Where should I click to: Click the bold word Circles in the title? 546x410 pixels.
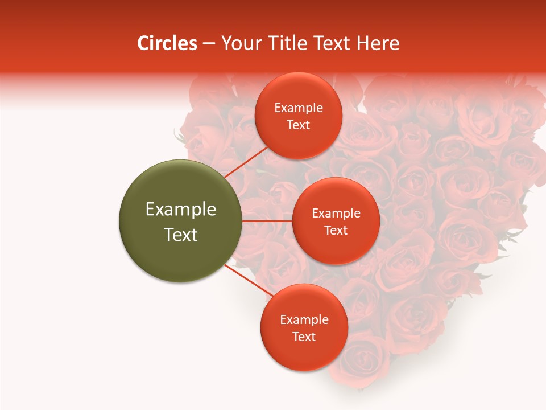(167, 43)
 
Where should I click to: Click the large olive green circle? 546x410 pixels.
(180, 221)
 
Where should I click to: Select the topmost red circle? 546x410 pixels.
(299, 116)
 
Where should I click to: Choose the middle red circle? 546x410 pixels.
(336, 221)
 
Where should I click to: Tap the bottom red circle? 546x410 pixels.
(304, 327)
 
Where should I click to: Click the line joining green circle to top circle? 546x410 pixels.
(246, 162)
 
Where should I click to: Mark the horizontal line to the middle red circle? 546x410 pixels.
(267, 221)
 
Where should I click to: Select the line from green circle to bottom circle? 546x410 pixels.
(248, 281)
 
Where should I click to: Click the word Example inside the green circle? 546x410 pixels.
(180, 210)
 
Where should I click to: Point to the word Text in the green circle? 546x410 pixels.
(180, 235)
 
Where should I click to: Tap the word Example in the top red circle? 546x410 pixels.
(299, 108)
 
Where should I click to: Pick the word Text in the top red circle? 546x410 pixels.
(299, 125)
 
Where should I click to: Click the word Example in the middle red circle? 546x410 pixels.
(336, 214)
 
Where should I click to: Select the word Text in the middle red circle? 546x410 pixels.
(336, 231)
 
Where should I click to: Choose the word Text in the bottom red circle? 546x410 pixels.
(304, 337)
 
